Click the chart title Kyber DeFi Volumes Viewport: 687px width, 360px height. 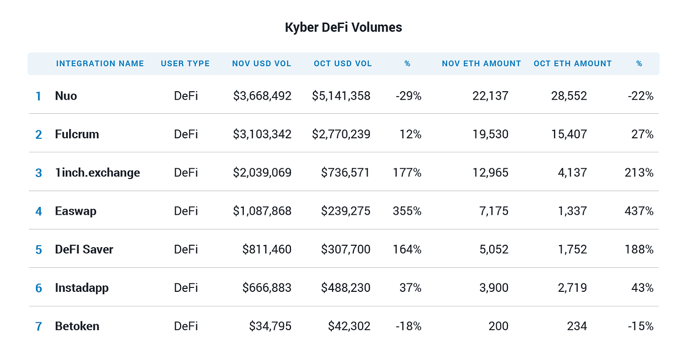(343, 27)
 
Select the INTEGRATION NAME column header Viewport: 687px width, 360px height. (100, 64)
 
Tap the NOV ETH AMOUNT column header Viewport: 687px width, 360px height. (481, 64)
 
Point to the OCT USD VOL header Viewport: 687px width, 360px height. (343, 64)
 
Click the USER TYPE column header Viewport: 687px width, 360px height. (185, 64)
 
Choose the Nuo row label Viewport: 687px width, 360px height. (66, 96)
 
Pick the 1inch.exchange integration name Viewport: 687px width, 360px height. (97, 173)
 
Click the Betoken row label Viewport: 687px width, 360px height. (77, 326)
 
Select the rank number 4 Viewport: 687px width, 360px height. (39, 211)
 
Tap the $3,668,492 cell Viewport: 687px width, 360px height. (262, 96)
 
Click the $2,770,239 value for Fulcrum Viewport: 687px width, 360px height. (341, 134)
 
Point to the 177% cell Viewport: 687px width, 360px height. (407, 173)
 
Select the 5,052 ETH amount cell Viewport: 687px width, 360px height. (494, 250)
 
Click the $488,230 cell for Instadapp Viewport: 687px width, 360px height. (345, 288)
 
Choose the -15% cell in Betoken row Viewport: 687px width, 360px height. (640, 326)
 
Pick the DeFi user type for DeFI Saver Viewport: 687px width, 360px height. (186, 250)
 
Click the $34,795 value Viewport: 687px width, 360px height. (270, 326)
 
